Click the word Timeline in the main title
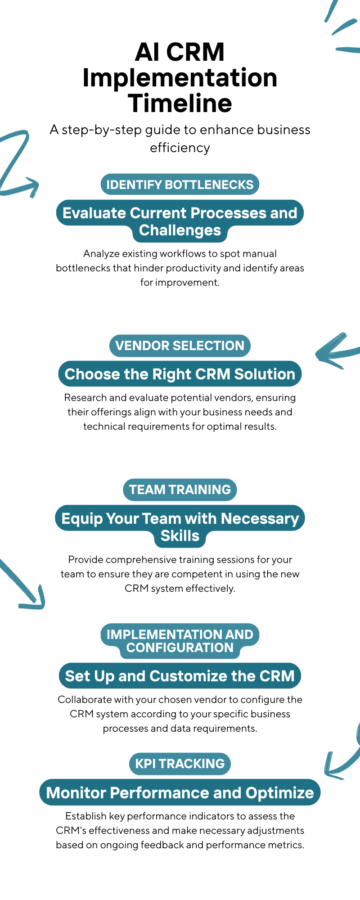pos(180,103)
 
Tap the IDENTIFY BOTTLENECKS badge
pos(180,184)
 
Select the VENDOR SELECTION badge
pos(180,346)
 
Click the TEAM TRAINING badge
pos(180,490)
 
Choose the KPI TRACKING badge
pos(180,764)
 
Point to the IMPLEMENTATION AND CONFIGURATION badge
pos(180,641)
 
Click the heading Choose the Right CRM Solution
pos(180,374)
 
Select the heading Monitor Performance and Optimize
pos(180,792)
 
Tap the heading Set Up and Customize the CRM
pos(180,676)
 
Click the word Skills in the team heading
pos(180,536)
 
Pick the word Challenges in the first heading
pos(180,230)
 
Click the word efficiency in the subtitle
pos(180,148)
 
